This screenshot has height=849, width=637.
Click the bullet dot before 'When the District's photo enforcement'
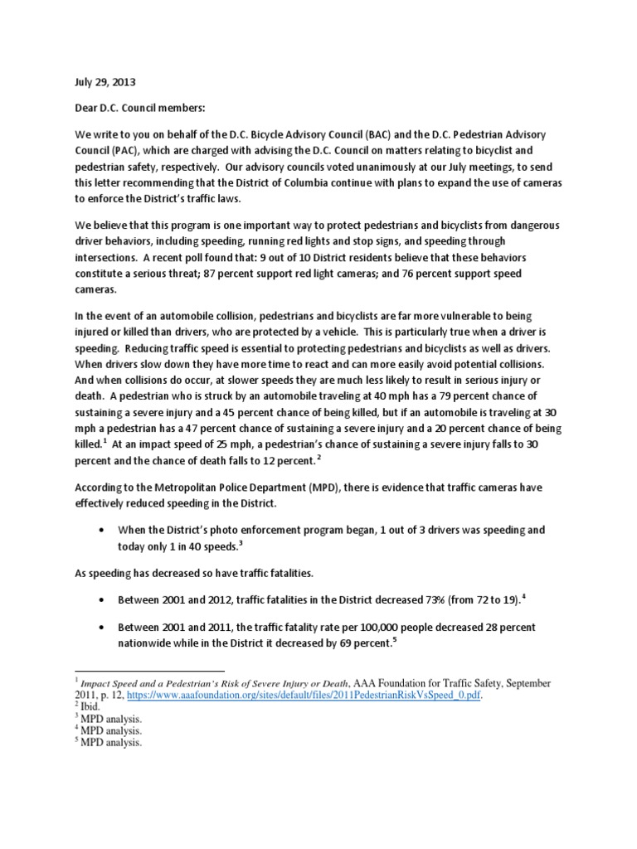click(101, 530)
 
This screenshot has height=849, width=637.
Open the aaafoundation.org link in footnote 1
click(323, 696)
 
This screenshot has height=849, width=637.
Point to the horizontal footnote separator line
click(149, 670)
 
